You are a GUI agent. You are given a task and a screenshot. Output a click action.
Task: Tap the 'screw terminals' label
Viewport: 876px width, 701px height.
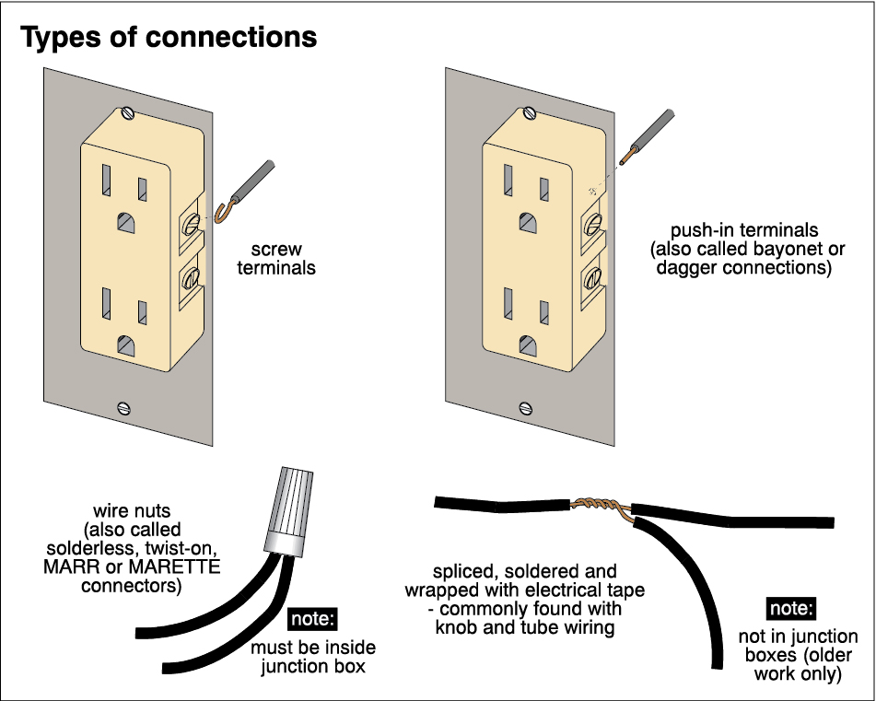(x=276, y=259)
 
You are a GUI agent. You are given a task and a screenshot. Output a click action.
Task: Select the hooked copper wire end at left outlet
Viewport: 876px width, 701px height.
(x=223, y=216)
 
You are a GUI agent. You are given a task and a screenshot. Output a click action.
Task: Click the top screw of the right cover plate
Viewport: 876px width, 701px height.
(x=530, y=114)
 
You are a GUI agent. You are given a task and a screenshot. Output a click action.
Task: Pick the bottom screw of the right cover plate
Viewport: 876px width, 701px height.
(x=526, y=406)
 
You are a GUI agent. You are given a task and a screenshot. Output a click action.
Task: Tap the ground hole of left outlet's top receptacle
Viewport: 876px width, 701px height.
(x=124, y=222)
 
